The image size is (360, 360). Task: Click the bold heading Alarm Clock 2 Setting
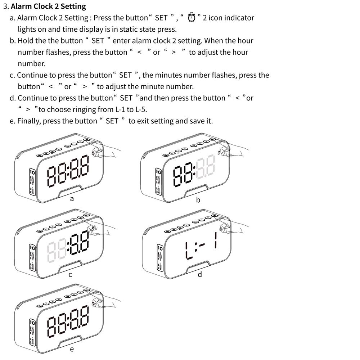coord(49,6)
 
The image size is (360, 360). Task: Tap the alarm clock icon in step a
coord(192,17)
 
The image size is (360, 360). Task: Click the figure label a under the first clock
coord(72,198)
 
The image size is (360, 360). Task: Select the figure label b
coord(198,199)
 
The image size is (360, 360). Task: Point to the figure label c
coord(71,275)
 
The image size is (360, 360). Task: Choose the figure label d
coord(200,275)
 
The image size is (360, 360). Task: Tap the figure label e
coord(71,349)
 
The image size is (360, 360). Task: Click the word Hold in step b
coord(26,41)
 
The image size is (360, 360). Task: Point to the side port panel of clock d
coord(159,257)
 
